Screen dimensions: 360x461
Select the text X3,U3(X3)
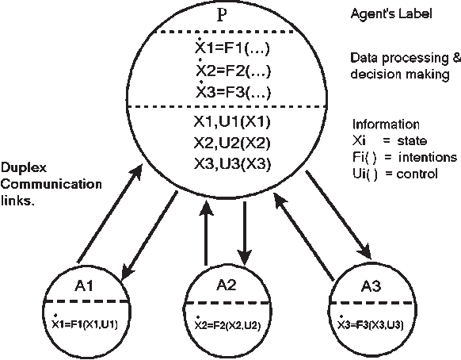(234, 164)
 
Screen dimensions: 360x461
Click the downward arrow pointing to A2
(246, 235)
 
